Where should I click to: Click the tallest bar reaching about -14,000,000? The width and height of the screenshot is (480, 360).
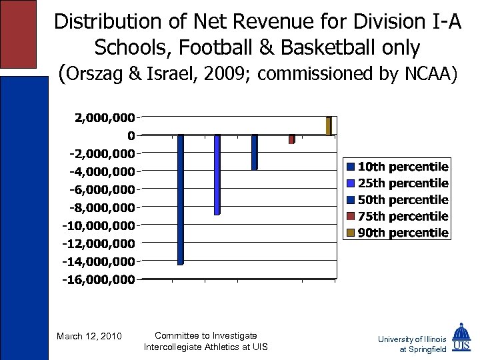point(181,199)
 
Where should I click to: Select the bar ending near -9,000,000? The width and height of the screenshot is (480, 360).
point(217,175)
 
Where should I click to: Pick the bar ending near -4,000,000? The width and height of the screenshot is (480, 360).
point(254,152)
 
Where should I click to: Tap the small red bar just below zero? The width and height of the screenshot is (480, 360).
point(291,139)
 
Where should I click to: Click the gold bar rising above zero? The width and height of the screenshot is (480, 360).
point(329,126)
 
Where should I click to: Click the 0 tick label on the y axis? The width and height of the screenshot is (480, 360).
point(131,136)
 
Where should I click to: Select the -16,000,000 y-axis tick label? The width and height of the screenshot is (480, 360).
point(99,280)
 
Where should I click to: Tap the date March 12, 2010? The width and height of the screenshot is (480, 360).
point(89,336)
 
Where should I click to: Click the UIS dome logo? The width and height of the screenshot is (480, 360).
point(461,338)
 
